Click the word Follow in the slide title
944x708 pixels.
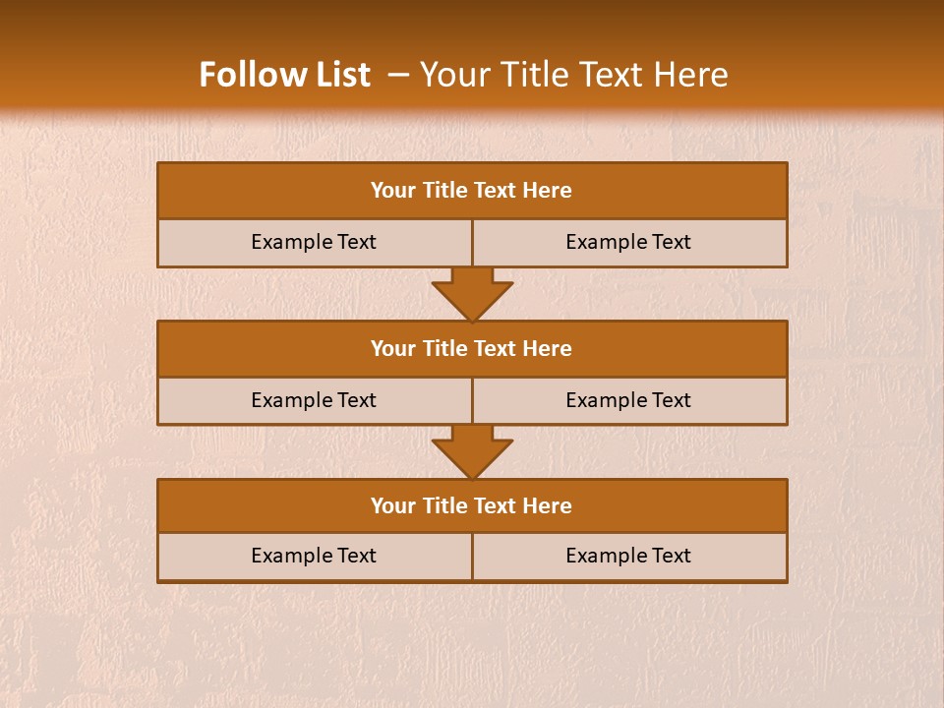tap(245, 75)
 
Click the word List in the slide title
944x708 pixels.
tap(337, 75)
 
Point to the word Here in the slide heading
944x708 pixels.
tap(694, 75)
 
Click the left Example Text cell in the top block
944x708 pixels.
tap(314, 242)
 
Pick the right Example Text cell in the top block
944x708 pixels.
tap(628, 242)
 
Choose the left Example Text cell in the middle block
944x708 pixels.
tap(314, 400)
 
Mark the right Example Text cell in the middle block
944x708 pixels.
tap(628, 400)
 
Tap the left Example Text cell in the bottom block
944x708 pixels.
tap(314, 556)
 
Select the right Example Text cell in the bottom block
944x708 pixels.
tap(628, 556)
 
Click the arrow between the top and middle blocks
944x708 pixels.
tap(472, 294)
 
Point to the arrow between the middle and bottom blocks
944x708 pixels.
tap(472, 452)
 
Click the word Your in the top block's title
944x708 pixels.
tap(393, 191)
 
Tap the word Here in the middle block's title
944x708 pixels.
tap(548, 348)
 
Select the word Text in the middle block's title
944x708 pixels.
tap(496, 348)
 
